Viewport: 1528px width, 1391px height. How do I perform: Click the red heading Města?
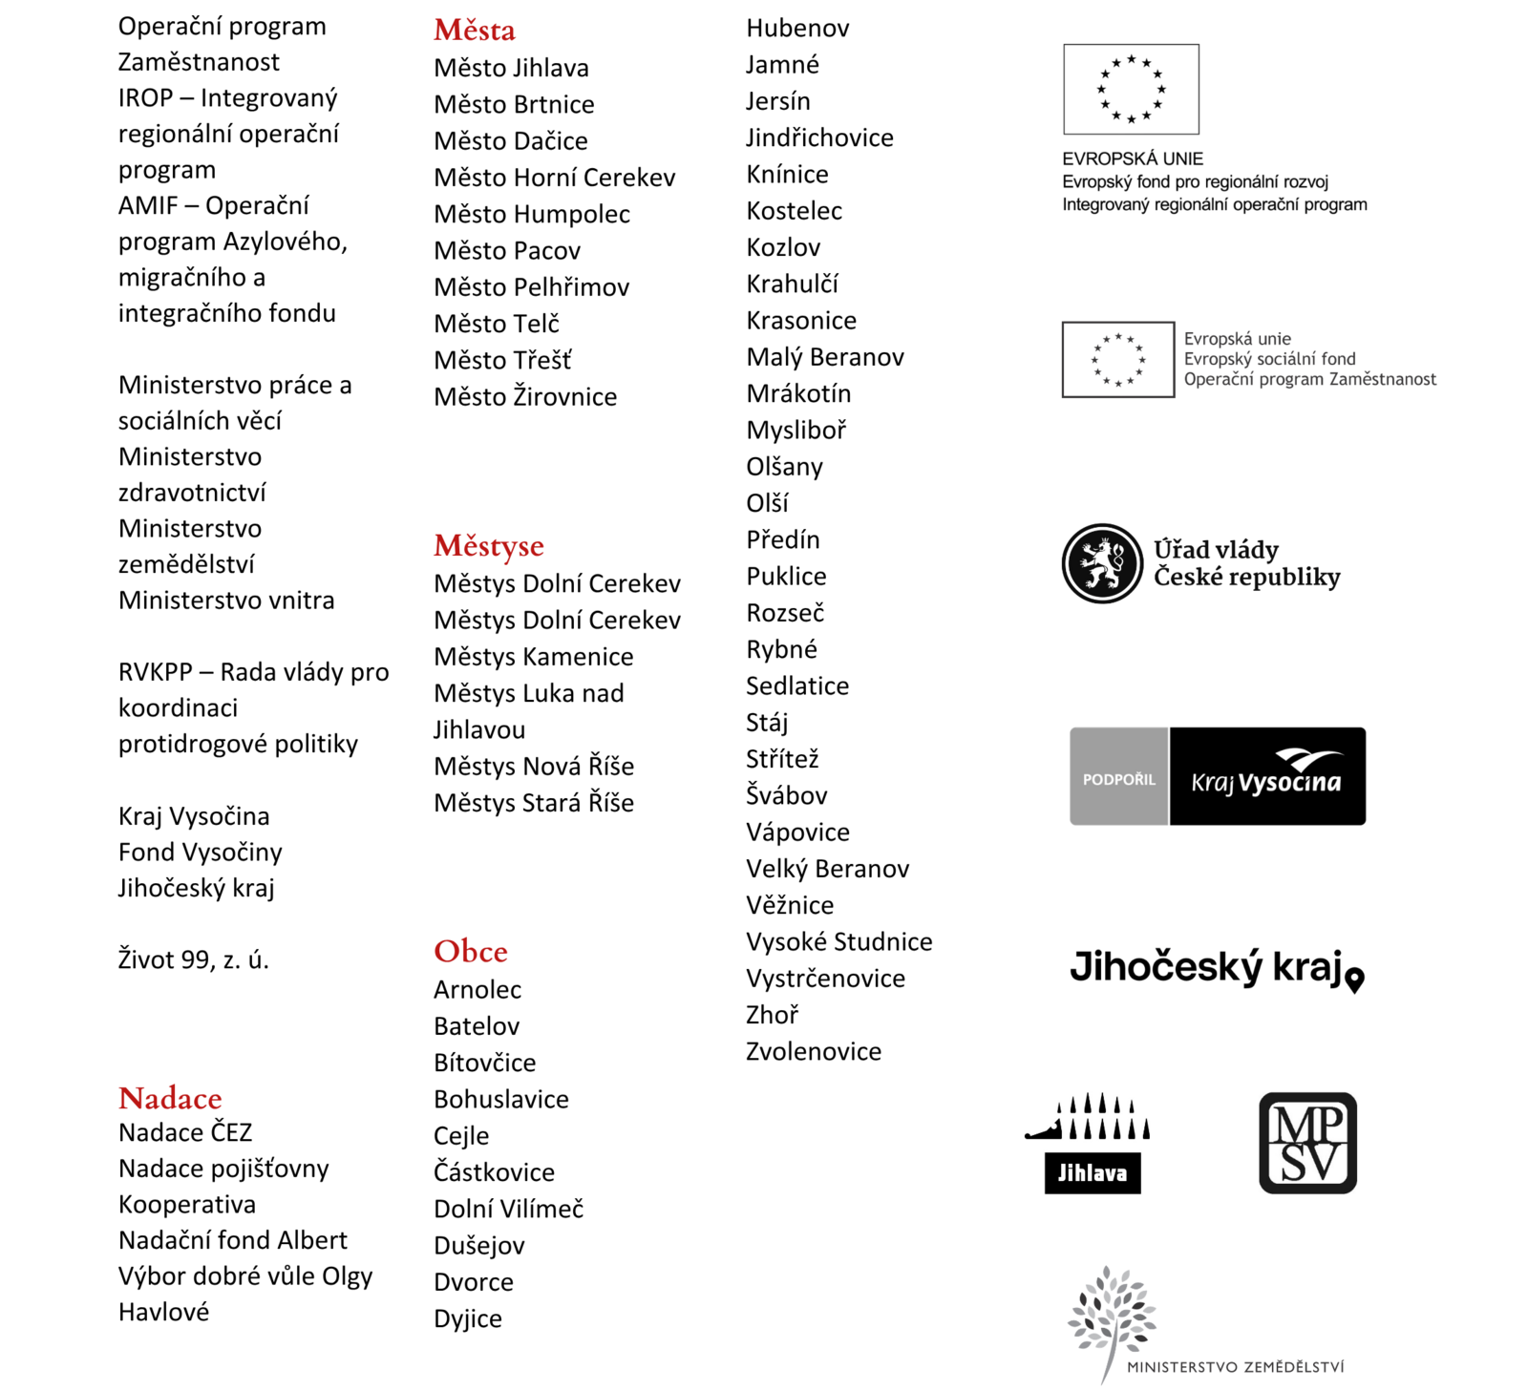point(474,31)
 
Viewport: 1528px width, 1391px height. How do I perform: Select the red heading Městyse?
point(488,546)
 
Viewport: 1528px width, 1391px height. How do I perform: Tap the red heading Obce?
point(470,952)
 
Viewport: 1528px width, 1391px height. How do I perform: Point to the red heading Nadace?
point(170,1099)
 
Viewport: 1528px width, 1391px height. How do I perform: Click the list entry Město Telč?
point(496,324)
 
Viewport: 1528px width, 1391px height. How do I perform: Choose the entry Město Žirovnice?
point(524,397)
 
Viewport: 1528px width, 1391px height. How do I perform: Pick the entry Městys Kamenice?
point(533,657)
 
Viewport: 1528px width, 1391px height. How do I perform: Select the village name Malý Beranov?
point(824,357)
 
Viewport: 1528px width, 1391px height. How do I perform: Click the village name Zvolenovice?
point(813,1052)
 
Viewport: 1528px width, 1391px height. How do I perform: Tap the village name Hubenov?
point(797,29)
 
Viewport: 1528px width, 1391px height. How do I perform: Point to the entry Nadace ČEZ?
point(185,1133)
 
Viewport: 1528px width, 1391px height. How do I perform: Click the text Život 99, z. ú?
point(193,959)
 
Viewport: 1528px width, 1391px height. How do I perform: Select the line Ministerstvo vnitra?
point(226,601)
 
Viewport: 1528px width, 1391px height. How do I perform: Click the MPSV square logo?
point(1307,1143)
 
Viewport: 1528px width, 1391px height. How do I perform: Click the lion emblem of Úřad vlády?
point(1102,563)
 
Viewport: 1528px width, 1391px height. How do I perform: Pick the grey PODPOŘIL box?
point(1118,777)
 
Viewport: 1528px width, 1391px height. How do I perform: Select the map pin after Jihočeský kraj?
point(1354,980)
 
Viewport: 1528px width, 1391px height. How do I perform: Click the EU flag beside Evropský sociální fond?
point(1117,360)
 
